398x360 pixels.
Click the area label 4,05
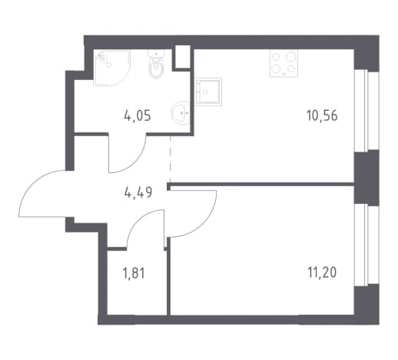coord(138,116)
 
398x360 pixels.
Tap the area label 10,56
coord(322,116)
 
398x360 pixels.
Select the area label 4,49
coord(138,192)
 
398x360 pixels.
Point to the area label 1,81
coord(134,273)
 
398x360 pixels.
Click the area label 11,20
coord(322,272)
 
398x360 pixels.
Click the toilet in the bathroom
coord(156,64)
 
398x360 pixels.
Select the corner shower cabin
coord(112,68)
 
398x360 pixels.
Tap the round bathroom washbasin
coord(181,112)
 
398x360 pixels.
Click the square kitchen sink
coord(208,92)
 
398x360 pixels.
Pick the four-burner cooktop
coord(284,63)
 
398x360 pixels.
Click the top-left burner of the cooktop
coord(276,57)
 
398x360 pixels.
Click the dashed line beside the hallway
coord(171,158)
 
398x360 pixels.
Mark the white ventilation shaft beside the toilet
coord(183,56)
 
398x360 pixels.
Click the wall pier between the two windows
coord(366,178)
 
